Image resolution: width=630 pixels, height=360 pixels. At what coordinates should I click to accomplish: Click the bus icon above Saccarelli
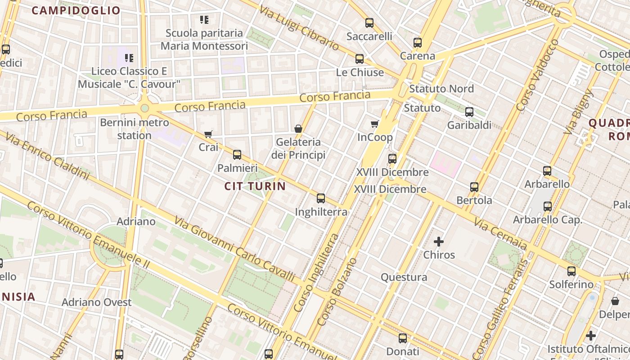coord(369,22)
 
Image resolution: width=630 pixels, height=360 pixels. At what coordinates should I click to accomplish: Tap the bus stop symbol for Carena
coord(418,43)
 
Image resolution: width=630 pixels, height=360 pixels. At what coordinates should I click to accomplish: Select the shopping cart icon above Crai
coord(208,134)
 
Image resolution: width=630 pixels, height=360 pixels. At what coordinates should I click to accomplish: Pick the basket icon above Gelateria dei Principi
coord(298,129)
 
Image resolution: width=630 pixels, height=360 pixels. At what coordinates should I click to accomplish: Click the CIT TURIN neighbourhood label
coord(255,186)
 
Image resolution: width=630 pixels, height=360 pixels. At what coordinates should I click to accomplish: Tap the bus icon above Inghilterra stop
coord(321,198)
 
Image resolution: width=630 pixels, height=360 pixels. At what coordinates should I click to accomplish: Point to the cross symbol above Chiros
coord(439,242)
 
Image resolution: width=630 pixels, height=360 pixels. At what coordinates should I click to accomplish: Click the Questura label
coord(404,277)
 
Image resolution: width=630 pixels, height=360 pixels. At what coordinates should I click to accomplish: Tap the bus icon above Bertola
coord(474,187)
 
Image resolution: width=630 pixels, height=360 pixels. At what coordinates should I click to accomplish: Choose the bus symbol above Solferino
coord(571,271)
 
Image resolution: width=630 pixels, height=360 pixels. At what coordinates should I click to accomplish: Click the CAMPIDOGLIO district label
coord(76,11)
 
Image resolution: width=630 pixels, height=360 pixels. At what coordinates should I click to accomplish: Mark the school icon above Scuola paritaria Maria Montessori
coord(204,20)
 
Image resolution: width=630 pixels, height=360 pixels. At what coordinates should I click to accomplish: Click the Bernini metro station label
coord(134,129)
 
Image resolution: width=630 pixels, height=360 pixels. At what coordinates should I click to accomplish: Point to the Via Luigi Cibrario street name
coord(299,27)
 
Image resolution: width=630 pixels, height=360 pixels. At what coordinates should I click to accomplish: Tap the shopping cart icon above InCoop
coord(374,124)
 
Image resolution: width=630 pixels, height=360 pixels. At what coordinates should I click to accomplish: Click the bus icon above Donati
coord(403,338)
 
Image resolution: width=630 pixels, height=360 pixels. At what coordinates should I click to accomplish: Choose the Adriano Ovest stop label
coord(97,302)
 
